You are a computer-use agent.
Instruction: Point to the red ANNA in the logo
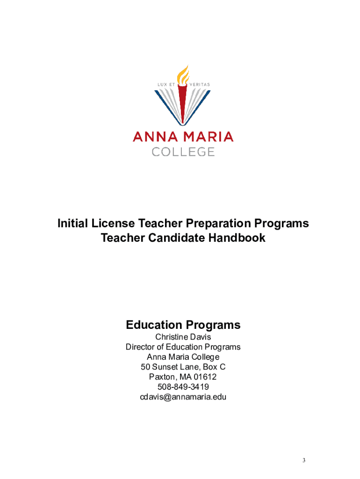point(155,137)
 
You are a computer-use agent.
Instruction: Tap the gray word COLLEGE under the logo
point(183,152)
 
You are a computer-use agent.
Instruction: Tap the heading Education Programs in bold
point(183,325)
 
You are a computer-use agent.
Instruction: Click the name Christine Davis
point(183,337)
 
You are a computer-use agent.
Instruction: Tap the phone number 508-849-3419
point(183,387)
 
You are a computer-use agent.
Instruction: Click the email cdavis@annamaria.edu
point(183,397)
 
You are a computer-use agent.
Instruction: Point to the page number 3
point(303,461)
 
